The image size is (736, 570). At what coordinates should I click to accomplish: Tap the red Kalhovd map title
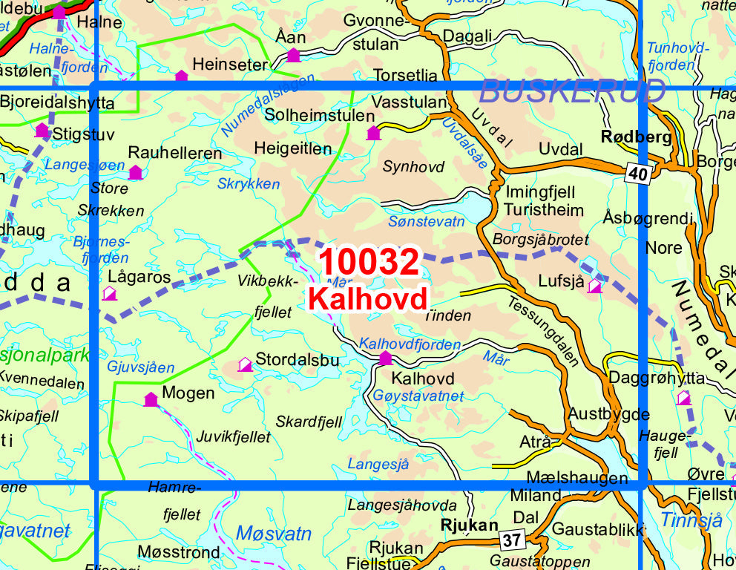(x=368, y=298)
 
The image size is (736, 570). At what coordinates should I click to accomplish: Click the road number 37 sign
(x=510, y=540)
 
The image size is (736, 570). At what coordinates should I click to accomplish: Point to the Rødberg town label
(x=636, y=137)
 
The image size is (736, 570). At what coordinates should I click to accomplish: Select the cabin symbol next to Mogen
(x=151, y=399)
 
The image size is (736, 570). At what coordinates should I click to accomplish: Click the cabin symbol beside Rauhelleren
(x=135, y=173)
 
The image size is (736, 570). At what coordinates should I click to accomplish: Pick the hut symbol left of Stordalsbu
(x=245, y=364)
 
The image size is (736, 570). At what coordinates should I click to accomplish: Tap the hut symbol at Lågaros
(x=110, y=293)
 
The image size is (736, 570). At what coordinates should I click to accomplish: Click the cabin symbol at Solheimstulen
(x=373, y=133)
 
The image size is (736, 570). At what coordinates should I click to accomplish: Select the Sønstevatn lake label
(x=426, y=221)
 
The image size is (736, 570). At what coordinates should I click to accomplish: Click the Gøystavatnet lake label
(x=418, y=396)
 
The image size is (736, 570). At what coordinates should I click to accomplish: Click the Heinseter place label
(x=229, y=65)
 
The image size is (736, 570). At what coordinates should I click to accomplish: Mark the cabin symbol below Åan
(x=293, y=54)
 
